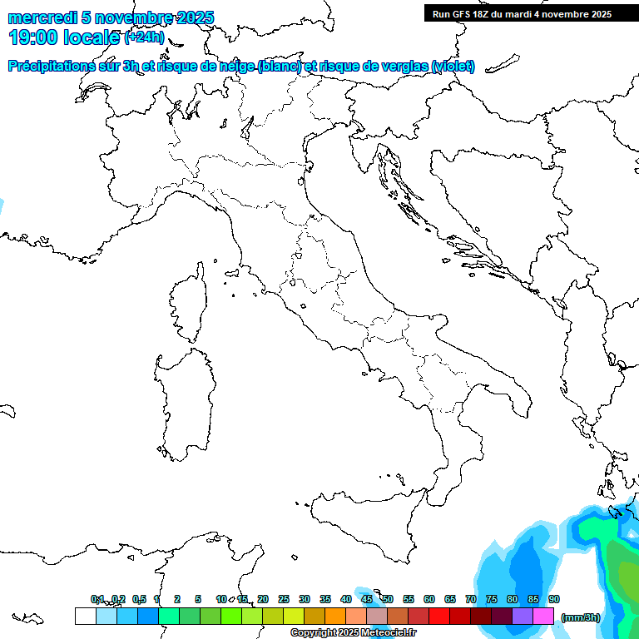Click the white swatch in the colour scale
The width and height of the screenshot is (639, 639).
pyautogui.click(x=85, y=616)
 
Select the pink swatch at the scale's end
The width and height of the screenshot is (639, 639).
pyautogui.click(x=543, y=616)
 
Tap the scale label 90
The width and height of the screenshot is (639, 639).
pyautogui.click(x=554, y=599)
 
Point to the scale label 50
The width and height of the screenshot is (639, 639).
pyautogui.click(x=388, y=599)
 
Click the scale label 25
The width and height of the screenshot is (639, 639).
pyautogui.click(x=284, y=599)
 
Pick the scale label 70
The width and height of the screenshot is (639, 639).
pyautogui.click(x=471, y=599)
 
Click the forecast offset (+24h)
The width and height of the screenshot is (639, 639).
pyautogui.click(x=144, y=37)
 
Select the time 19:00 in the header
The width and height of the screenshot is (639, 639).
pyautogui.click(x=37, y=37)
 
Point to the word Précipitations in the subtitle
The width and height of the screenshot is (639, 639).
pyautogui.click(x=54, y=66)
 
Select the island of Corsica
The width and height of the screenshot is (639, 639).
pyautogui.click(x=189, y=304)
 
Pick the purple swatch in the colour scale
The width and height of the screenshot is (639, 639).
pyautogui.click(x=523, y=616)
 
